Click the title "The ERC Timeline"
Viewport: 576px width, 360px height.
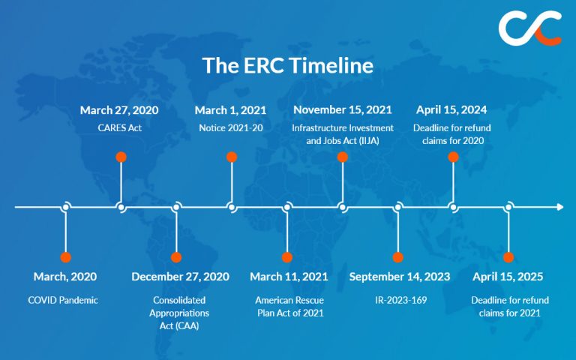[x=287, y=65]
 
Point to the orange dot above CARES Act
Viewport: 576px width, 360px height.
[x=121, y=157]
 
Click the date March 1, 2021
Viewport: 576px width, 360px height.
[x=232, y=110]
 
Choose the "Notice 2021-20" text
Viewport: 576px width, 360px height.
[x=232, y=127]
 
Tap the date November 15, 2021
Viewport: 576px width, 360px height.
[x=342, y=110]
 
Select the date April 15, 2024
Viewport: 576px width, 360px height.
[x=453, y=110]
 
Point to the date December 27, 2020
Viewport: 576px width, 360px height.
[x=180, y=277]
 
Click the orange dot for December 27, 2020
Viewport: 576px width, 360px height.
[x=176, y=257]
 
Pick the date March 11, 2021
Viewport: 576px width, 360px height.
[x=289, y=277]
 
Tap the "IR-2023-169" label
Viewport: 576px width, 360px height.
[x=400, y=300]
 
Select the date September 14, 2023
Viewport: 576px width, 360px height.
[x=400, y=277]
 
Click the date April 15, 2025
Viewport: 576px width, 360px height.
[x=508, y=277]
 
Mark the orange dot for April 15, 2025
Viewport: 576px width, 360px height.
[x=508, y=257]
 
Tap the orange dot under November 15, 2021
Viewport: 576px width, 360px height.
[x=342, y=157]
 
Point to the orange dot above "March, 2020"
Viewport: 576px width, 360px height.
[x=66, y=257]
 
